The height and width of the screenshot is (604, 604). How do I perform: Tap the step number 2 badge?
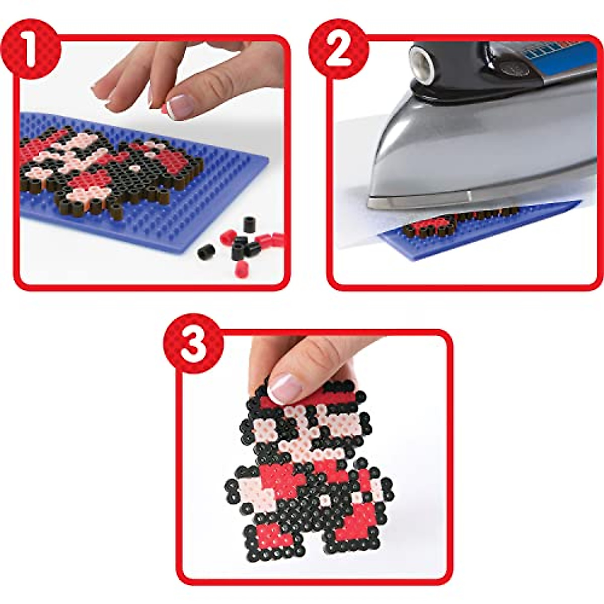pos(338,49)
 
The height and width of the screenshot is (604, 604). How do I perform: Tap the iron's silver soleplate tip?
pos(383,202)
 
